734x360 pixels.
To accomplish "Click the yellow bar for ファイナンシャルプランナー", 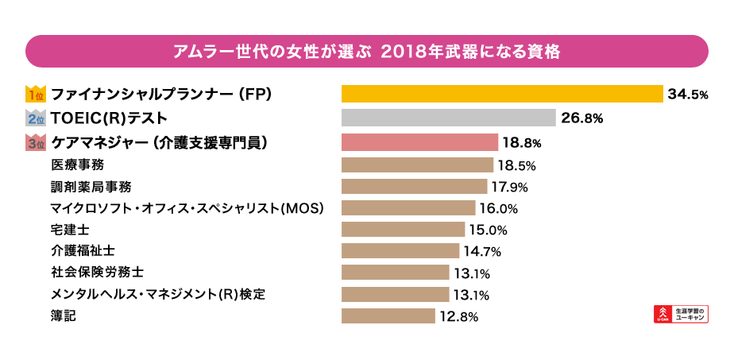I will pyautogui.click(x=502, y=94).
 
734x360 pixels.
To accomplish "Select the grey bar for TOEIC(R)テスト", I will pyautogui.click(x=448, y=118).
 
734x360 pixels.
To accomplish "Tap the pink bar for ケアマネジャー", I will pyautogui.click(x=419, y=142).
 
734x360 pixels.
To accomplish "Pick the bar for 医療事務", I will pyautogui.click(x=417, y=165).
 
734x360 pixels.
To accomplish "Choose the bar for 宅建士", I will pyautogui.click(x=403, y=230).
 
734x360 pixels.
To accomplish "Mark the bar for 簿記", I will pyautogui.click(x=388, y=316).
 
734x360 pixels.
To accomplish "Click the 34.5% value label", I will pyautogui.click(x=688, y=95).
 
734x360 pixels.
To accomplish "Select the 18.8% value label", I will pyautogui.click(x=522, y=143).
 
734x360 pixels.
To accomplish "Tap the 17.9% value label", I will pyautogui.click(x=509, y=187).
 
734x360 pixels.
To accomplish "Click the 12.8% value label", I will pyautogui.click(x=458, y=316).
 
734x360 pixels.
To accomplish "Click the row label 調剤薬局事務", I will pyautogui.click(x=90, y=187).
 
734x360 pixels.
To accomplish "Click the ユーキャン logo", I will pyautogui.click(x=680, y=313).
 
